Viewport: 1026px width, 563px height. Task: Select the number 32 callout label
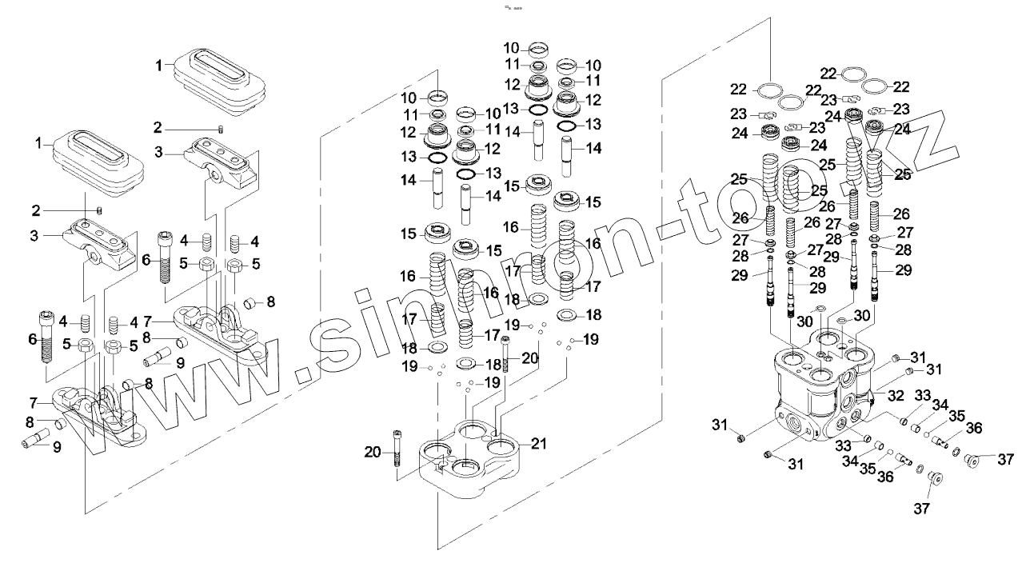[895, 395]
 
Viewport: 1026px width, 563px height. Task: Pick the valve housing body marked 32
[824, 392]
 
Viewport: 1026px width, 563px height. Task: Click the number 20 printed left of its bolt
[372, 453]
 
